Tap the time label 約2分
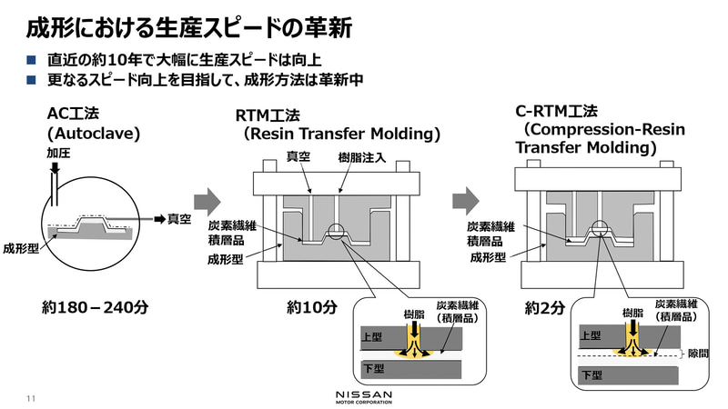click(x=546, y=308)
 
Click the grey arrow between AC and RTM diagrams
click(x=207, y=199)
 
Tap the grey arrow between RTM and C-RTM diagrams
click(x=465, y=199)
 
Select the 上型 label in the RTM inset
click(x=373, y=334)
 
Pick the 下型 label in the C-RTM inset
click(x=591, y=374)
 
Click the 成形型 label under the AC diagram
click(x=21, y=247)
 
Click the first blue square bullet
click(x=31, y=60)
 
